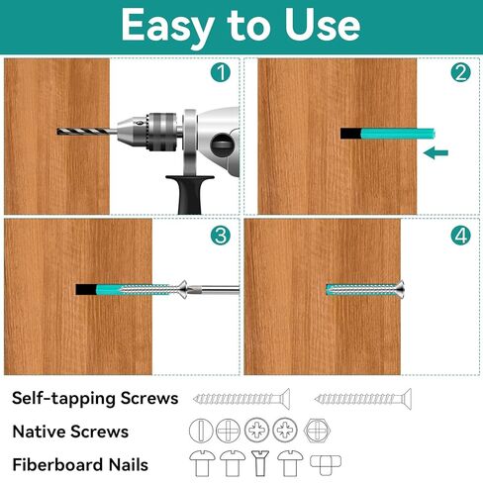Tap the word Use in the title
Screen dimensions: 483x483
click(x=323, y=25)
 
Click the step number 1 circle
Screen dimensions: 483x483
click(x=221, y=72)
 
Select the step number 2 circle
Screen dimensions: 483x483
click(x=460, y=72)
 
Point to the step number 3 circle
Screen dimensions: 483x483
click(x=221, y=236)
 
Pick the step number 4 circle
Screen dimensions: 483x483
click(x=460, y=236)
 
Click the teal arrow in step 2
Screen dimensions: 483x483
click(x=435, y=152)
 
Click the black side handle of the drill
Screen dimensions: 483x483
click(x=190, y=194)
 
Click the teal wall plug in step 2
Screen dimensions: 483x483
click(x=398, y=134)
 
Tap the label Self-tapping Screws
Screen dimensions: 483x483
click(x=95, y=398)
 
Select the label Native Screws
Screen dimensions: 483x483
click(x=70, y=432)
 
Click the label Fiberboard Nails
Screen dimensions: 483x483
click(x=80, y=464)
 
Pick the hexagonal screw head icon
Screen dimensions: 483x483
click(x=317, y=431)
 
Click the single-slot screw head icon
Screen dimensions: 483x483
click(x=201, y=431)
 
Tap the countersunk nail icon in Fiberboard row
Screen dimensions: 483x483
click(x=260, y=463)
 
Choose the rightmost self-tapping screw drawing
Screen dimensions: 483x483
click(x=363, y=399)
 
